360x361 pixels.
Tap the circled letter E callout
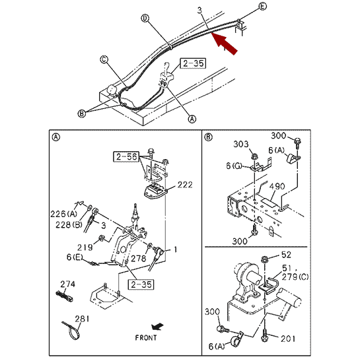(262, 6)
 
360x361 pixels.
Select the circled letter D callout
(145, 18)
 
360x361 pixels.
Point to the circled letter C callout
(104, 59)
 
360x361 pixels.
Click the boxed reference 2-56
(126, 156)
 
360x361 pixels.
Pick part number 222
(185, 185)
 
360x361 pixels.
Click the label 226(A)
(64, 214)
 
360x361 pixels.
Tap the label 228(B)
(69, 224)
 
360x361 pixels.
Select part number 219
(85, 247)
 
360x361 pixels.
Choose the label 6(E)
(75, 257)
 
